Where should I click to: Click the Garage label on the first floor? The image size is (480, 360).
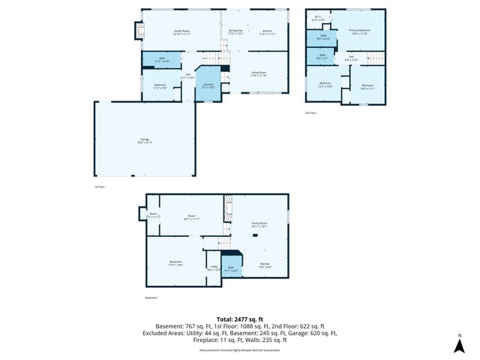coord(145,140)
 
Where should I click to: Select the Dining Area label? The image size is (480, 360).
coord(235,32)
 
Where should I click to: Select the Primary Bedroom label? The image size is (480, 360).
coord(359,31)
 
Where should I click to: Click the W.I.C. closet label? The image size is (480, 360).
coord(319,19)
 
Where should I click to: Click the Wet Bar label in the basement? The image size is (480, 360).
coord(265,265)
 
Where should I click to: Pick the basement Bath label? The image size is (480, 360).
coord(231,268)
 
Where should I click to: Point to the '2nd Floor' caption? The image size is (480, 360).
coord(310,112)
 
